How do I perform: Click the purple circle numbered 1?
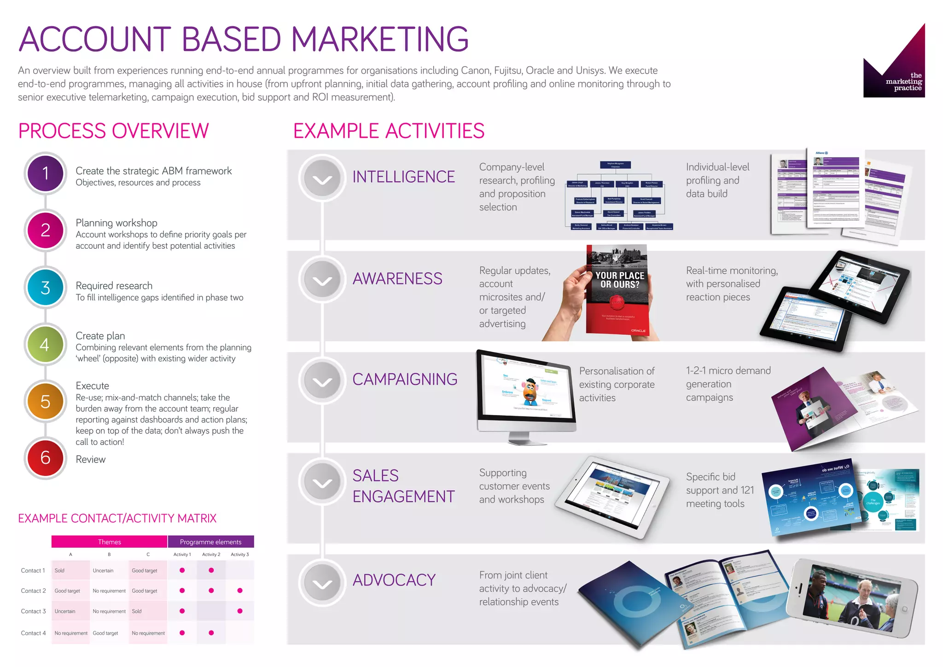[x=45, y=173]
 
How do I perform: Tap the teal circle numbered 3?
[x=45, y=287]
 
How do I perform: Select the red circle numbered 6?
[x=45, y=457]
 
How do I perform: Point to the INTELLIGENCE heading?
[x=403, y=177]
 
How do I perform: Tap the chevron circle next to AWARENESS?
[x=322, y=279]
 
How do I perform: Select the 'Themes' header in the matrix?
[x=109, y=542]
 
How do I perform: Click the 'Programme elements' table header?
[x=210, y=542]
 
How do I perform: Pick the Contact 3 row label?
[x=33, y=611]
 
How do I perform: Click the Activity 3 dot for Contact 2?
[x=240, y=591]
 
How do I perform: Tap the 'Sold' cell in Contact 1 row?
[x=59, y=570]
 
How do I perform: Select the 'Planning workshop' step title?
[x=116, y=223]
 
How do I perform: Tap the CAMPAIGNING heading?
[x=405, y=379]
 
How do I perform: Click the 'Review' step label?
[x=91, y=459]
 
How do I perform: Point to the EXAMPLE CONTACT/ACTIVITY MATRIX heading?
[x=117, y=518]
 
